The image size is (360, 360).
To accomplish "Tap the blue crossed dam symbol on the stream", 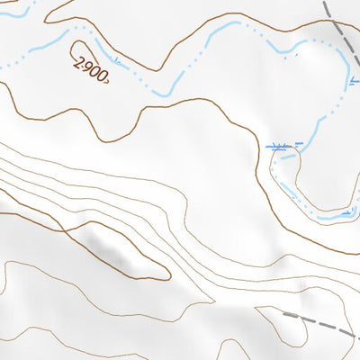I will [x=278, y=145].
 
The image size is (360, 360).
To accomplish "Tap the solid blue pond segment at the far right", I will [x=337, y=214].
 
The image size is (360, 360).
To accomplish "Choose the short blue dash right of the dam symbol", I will [x=300, y=144].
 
